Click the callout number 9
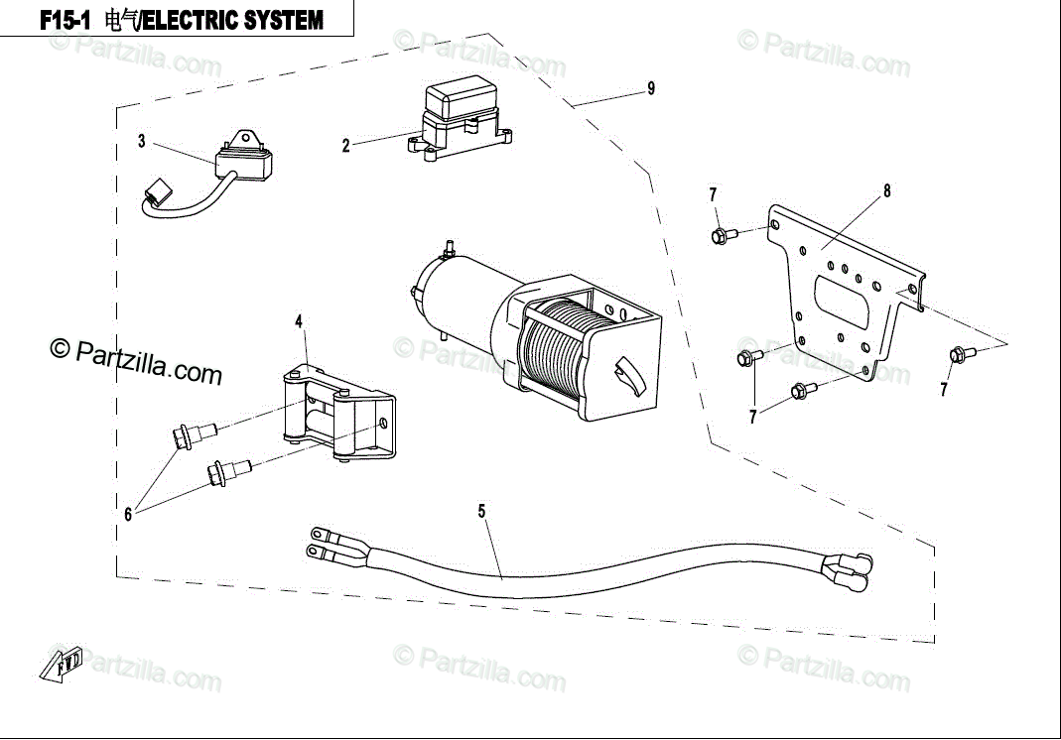pos(651,88)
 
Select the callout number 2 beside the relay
pos(345,146)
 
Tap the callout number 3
pos(141,141)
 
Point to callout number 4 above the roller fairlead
pos(299,322)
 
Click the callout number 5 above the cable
pos(481,511)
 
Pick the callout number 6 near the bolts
pos(128,515)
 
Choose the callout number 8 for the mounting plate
pos(887,191)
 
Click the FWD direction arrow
pos(61,663)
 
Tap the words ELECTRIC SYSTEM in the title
pos(234,20)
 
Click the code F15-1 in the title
pos(65,20)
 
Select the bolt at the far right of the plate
pos(962,354)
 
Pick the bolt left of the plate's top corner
pos(724,235)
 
